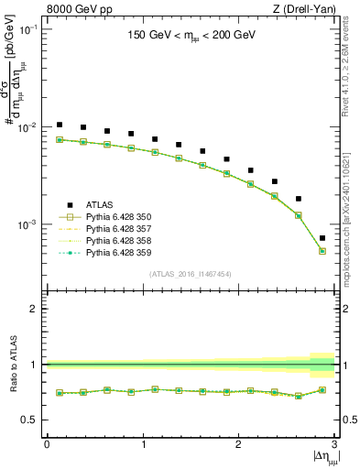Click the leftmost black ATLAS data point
coord(60,125)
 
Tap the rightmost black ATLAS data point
coord(322,238)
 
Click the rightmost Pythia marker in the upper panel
coord(322,251)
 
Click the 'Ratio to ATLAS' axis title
coord(13,365)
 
